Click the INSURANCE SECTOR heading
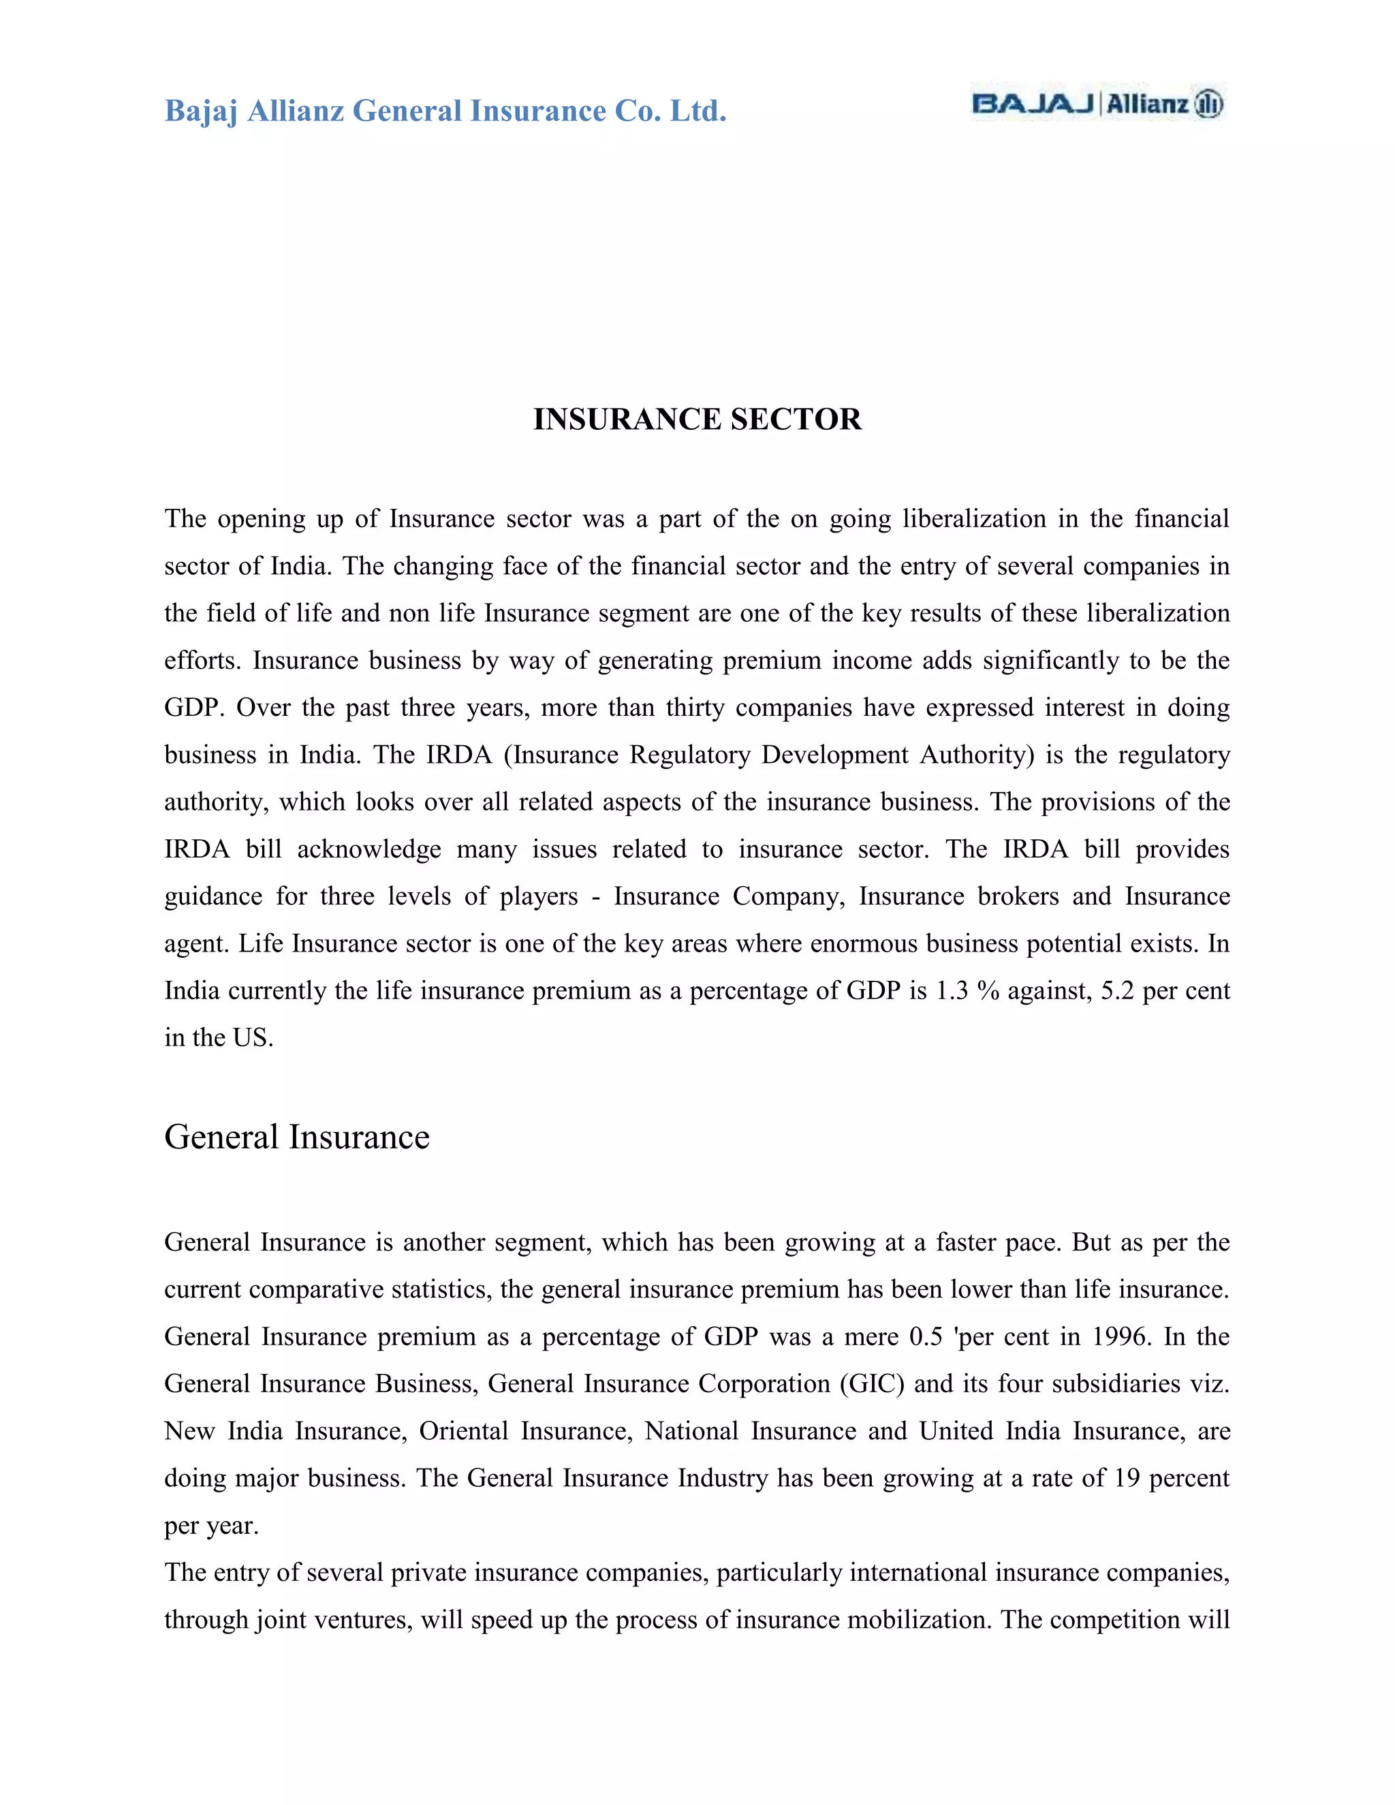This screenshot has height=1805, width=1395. click(x=697, y=419)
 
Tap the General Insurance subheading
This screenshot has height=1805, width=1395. click(x=297, y=1137)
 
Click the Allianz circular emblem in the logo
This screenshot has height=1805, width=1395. click(x=1208, y=104)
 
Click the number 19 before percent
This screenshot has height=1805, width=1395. click(x=1127, y=1479)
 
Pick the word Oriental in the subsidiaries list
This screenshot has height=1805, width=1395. click(x=464, y=1432)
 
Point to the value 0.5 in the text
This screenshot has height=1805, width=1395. click(x=926, y=1337)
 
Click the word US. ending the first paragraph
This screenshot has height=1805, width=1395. click(x=253, y=1038)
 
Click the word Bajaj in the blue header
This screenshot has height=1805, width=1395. click(x=201, y=111)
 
